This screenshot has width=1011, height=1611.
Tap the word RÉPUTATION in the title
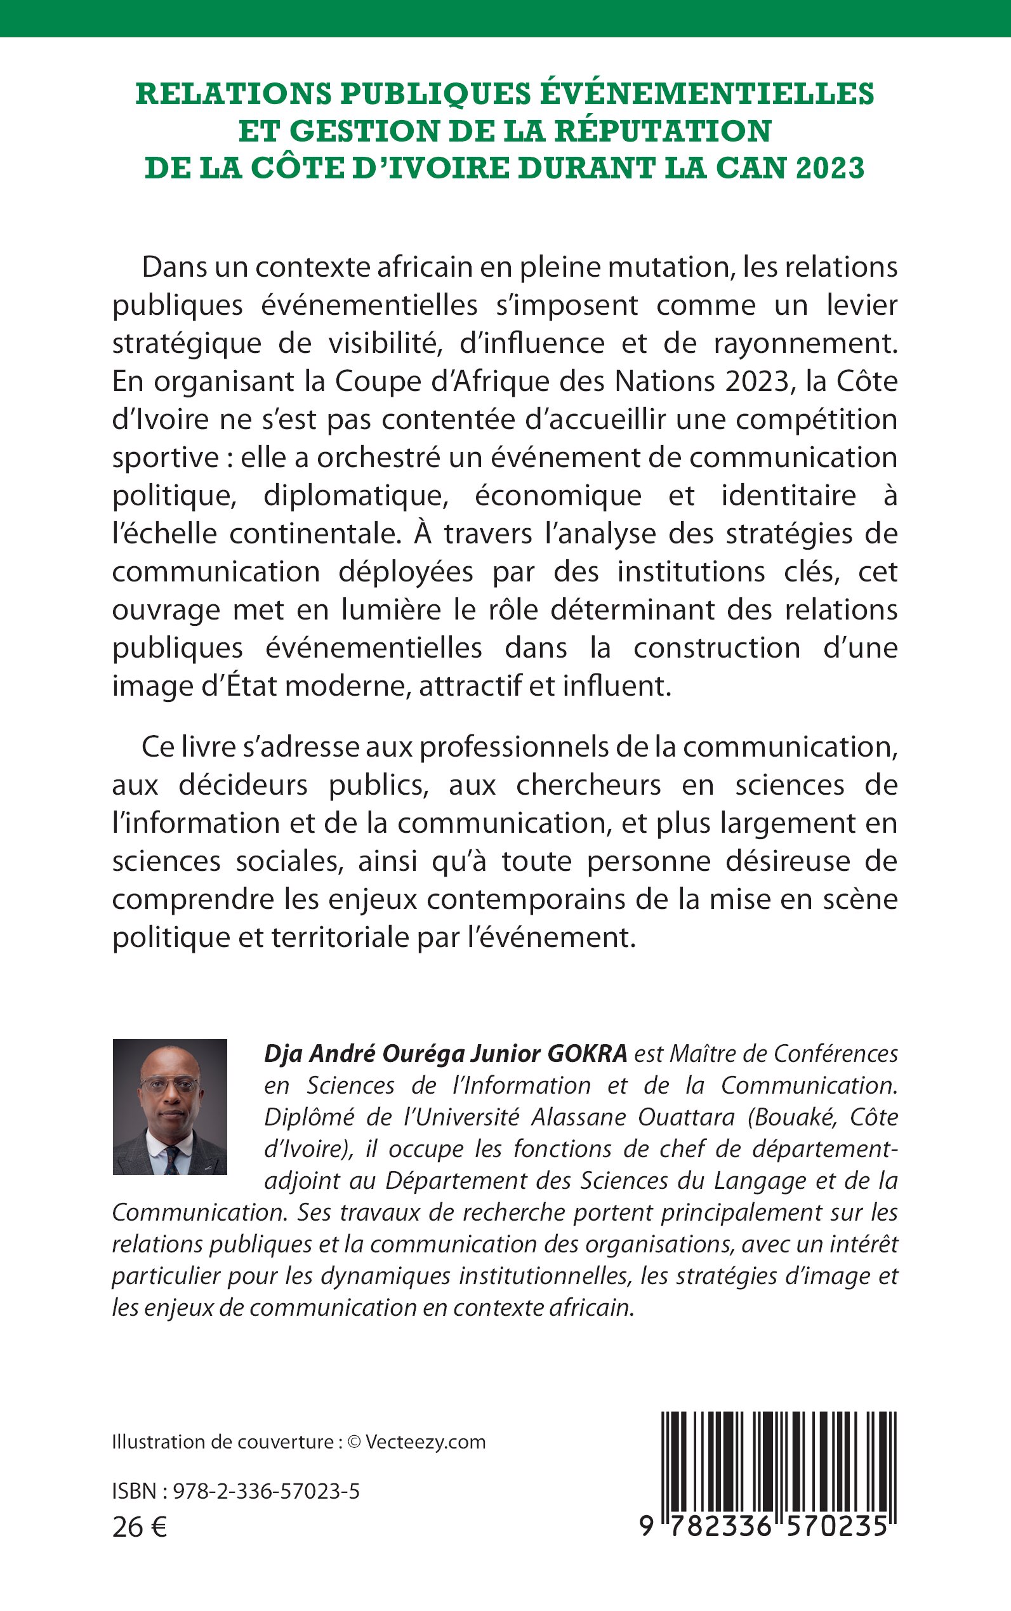(663, 130)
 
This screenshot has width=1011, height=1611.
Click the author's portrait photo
(170, 1107)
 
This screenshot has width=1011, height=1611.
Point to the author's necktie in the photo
(171, 1161)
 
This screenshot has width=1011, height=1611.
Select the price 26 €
(139, 1527)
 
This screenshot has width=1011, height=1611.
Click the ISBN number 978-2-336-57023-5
(266, 1491)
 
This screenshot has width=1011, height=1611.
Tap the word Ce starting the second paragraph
(157, 747)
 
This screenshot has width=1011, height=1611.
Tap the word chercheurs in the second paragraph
(588, 785)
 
